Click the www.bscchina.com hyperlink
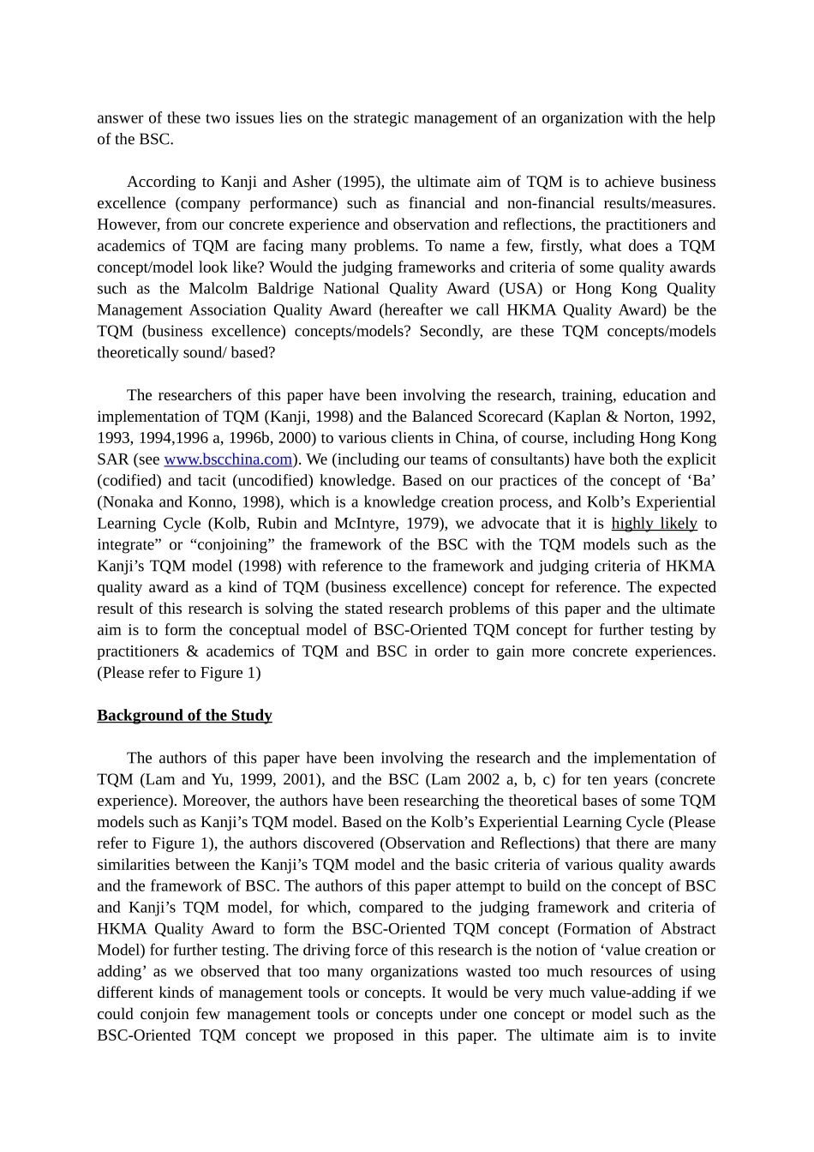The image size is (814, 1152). [228, 459]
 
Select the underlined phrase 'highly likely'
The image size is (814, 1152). [654, 524]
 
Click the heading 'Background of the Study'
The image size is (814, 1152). [184, 716]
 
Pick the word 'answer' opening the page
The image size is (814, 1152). [119, 118]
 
